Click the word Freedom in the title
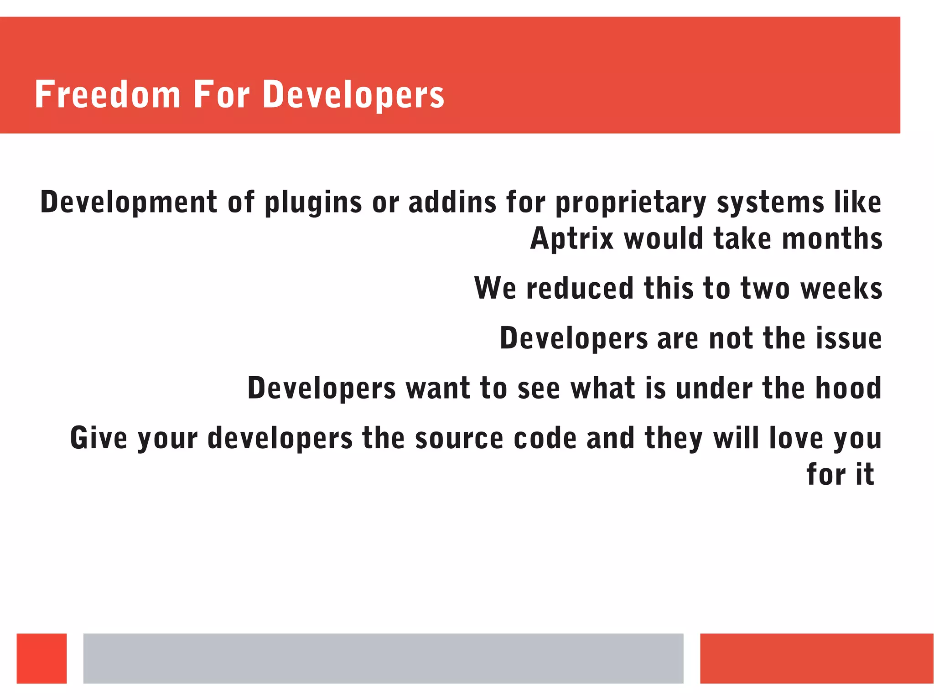coord(108,94)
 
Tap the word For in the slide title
coord(222,94)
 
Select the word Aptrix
coord(572,239)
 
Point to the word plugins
coord(313,203)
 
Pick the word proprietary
coord(631,203)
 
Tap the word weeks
coord(841,288)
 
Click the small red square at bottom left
coord(42,658)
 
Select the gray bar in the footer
coord(383,658)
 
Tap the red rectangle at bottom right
coord(816,658)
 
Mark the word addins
coord(452,202)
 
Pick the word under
coord(714,388)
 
